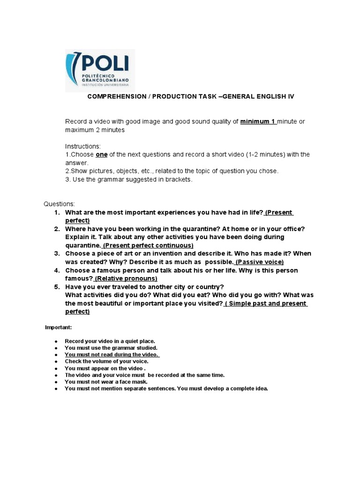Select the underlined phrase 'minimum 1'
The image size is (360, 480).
(258, 122)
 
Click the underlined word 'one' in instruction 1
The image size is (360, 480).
(101, 155)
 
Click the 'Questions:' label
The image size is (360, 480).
(59, 204)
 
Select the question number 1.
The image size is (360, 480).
(56, 212)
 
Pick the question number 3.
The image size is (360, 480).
(56, 254)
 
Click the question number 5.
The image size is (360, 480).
(56, 287)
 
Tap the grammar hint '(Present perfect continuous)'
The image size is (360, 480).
(148, 246)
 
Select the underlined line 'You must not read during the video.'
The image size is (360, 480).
(112, 355)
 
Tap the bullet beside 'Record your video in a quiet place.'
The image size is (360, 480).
(56, 342)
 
